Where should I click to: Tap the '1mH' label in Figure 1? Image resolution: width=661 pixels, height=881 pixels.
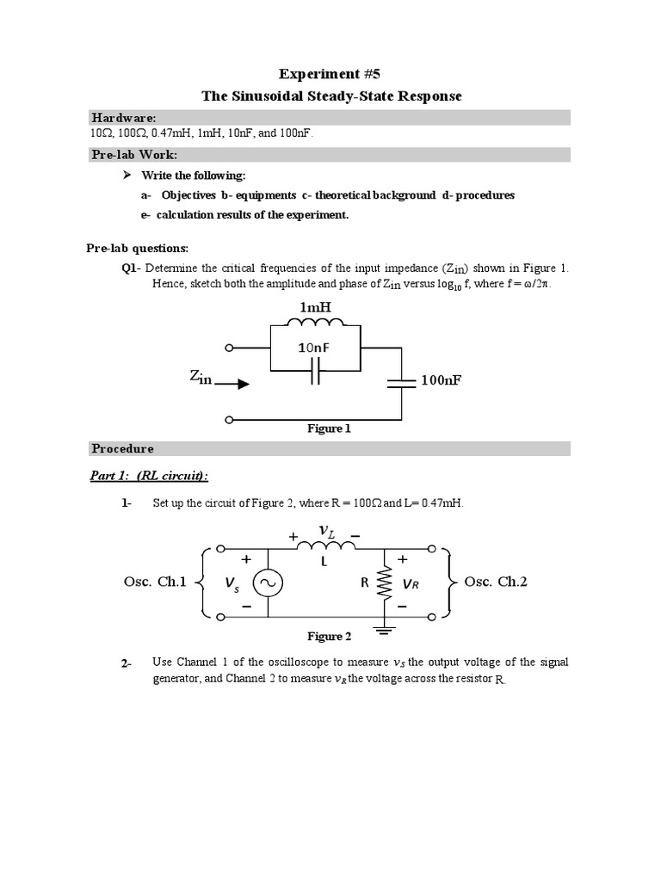coord(314,307)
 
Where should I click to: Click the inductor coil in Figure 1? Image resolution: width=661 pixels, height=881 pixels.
coord(315,324)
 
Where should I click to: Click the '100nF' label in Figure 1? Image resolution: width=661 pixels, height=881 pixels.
coord(442,379)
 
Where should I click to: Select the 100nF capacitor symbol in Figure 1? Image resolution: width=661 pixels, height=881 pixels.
coord(400,384)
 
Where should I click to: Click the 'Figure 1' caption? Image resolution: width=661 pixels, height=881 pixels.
coord(330,428)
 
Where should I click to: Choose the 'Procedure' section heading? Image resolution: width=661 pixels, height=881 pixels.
coord(123,449)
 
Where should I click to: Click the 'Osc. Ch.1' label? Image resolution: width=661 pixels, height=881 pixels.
coord(155,582)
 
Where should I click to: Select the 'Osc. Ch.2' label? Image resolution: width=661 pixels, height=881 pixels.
coord(496,582)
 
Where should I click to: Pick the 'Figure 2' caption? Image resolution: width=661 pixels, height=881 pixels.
coord(330,637)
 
